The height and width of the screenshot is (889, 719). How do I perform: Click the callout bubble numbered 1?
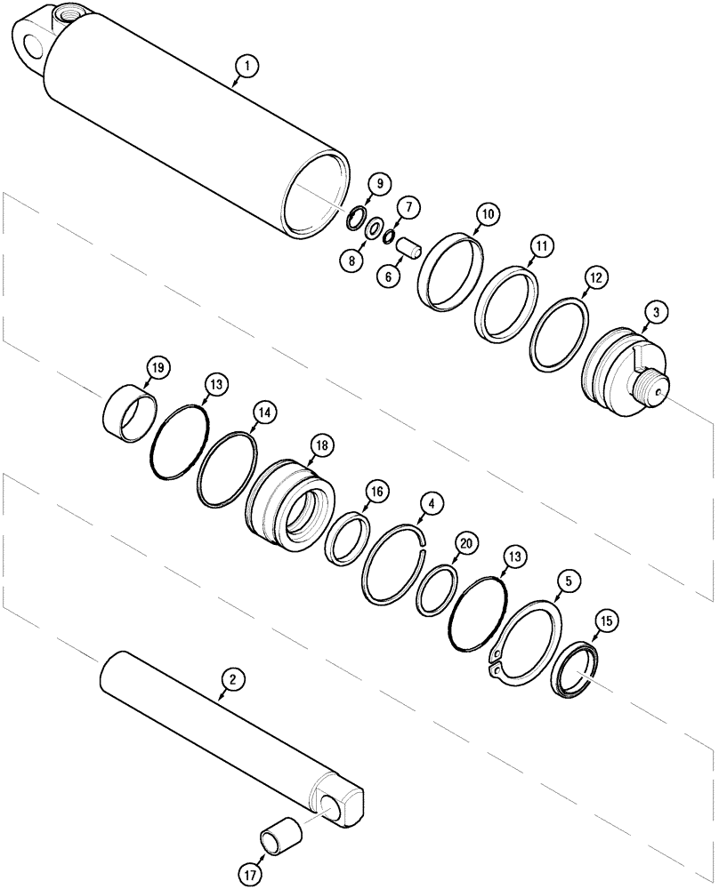pyautogui.click(x=246, y=65)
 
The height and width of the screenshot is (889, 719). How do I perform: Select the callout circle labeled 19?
pyautogui.click(x=158, y=368)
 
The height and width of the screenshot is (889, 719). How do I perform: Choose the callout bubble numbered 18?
pyautogui.click(x=319, y=444)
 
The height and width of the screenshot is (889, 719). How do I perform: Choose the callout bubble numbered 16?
pyautogui.click(x=376, y=491)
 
